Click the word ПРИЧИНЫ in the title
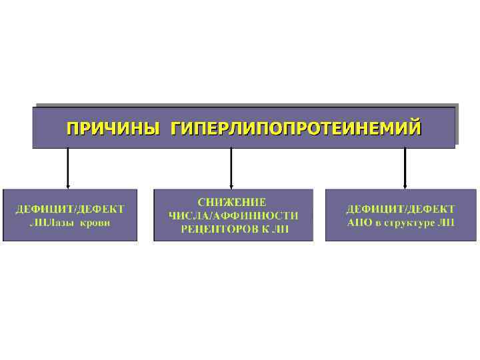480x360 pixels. click(112, 127)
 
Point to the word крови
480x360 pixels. click(95, 223)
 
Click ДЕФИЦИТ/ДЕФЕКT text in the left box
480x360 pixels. click(70, 209)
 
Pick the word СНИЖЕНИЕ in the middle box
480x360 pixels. click(232, 202)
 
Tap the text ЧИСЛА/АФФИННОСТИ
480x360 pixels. click(233, 215)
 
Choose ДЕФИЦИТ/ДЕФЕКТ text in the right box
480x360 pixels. click(400, 209)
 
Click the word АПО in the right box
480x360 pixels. click(359, 222)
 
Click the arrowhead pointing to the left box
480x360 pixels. click(68, 186)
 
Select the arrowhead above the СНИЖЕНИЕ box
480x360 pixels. click(231, 186)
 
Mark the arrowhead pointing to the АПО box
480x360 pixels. click(405, 186)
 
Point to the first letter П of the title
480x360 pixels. click(71, 127)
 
